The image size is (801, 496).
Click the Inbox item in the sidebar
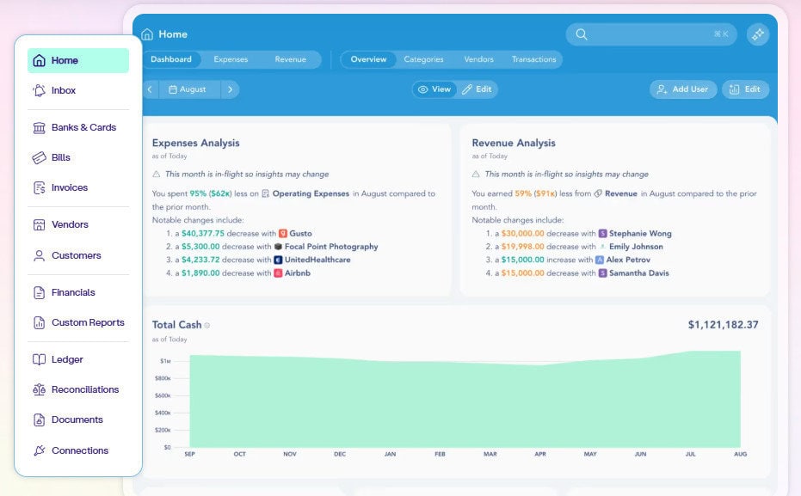click(63, 90)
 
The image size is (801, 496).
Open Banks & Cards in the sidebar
click(83, 127)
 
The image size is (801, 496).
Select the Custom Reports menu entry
click(87, 322)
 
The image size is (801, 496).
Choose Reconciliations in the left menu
click(84, 389)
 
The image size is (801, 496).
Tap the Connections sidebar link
click(79, 450)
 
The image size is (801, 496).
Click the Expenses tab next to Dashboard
click(231, 59)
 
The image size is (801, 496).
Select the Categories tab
click(423, 59)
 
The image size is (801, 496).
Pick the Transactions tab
click(533, 59)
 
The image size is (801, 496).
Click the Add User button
click(682, 89)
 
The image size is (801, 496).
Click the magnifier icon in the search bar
click(582, 34)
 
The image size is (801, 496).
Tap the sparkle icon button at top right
click(757, 34)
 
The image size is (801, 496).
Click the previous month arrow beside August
click(150, 89)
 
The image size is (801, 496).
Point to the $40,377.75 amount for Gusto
click(203, 233)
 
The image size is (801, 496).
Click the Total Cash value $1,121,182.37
click(723, 325)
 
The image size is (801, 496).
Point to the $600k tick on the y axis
click(162, 395)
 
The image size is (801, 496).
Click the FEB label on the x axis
click(440, 454)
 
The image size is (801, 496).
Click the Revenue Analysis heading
click(514, 143)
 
